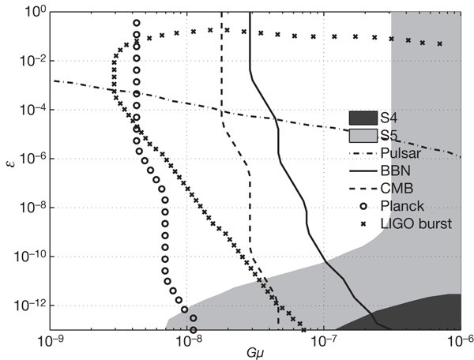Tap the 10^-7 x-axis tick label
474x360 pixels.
[324, 341]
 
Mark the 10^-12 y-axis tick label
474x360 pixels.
[27, 306]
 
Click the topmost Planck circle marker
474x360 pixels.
[136, 24]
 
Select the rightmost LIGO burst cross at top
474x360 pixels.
[440, 43]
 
